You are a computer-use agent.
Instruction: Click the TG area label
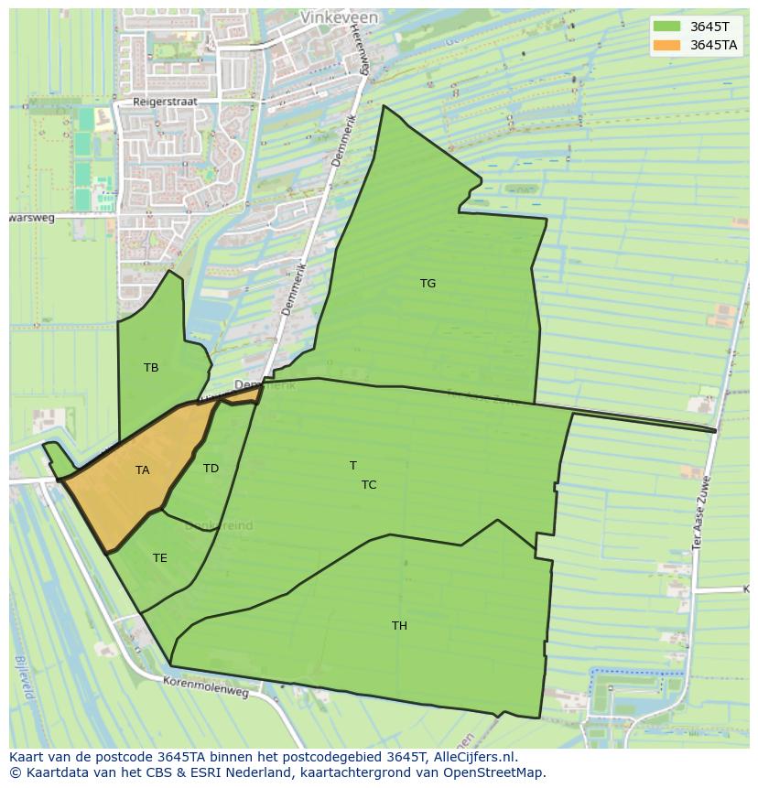pos(428,284)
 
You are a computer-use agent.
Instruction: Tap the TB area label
pos(151,368)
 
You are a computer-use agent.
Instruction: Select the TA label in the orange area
pos(142,470)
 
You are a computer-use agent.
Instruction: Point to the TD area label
pos(211,469)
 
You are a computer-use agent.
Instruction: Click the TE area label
pos(159,558)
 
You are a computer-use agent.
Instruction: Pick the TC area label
pos(368,485)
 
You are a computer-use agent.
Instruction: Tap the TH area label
pos(399,626)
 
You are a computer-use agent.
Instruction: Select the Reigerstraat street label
pos(165,103)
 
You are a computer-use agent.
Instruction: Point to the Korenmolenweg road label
pos(206,687)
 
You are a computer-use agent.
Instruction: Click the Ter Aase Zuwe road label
pos(702,513)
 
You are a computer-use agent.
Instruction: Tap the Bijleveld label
pos(25,678)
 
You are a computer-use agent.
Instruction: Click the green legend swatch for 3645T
pos(667,27)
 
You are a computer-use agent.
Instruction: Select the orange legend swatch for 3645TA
pos(667,45)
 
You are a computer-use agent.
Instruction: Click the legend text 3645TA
pos(714,45)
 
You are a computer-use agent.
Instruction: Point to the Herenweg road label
pos(358,50)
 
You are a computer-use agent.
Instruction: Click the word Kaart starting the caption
pos(28,757)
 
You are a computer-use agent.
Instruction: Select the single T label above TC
pos(353,466)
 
